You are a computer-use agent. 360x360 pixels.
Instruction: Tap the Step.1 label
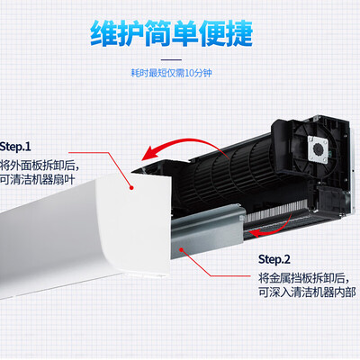[x=15, y=147]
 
